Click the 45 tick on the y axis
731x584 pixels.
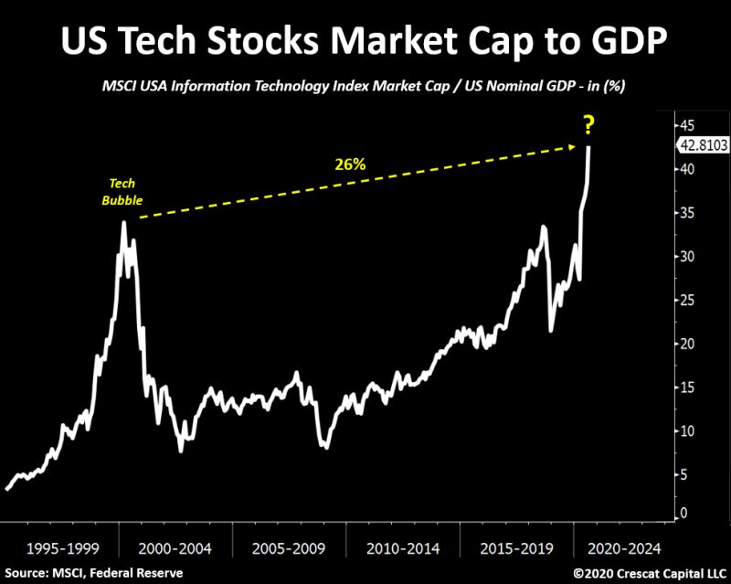click(684, 125)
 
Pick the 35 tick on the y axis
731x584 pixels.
click(684, 213)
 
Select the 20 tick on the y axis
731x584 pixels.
click(684, 344)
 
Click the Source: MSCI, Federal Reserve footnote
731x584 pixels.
click(93, 573)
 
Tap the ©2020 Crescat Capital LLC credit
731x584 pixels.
click(649, 573)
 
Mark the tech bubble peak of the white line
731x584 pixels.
click(123, 222)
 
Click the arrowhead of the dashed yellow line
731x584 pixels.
click(577, 145)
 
